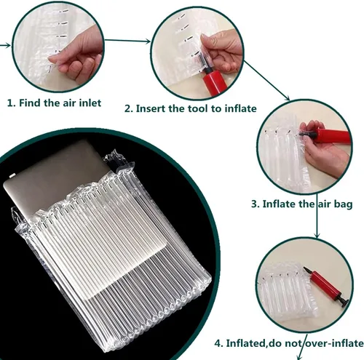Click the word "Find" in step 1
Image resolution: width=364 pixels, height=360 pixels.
click(30, 103)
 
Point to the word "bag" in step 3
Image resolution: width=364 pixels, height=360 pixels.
click(343, 204)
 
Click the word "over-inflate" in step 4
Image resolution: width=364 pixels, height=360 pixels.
click(334, 343)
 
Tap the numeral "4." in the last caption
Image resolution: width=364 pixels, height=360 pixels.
click(219, 343)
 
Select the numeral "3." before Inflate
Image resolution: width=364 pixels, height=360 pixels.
click(256, 204)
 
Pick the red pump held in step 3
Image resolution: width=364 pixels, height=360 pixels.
click(327, 137)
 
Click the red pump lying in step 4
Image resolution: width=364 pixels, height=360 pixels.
click(327, 287)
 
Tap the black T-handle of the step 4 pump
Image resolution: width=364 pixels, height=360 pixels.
click(344, 302)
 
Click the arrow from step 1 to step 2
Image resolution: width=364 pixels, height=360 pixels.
click(127, 41)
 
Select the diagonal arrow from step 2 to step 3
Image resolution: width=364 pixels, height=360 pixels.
click(266, 81)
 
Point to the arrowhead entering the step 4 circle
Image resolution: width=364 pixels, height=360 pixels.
click(317, 236)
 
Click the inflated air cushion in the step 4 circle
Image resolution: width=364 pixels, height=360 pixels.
click(288, 293)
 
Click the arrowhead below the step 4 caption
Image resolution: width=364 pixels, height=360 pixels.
click(299, 357)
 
